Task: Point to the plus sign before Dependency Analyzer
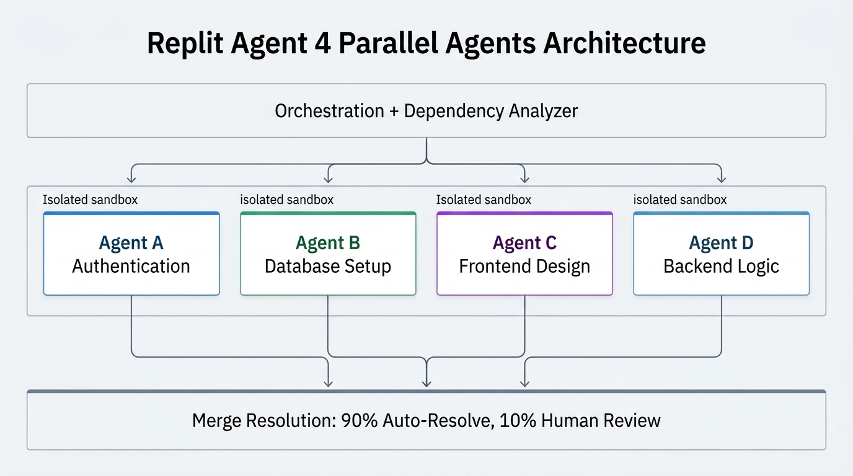click(394, 111)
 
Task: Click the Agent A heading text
click(131, 243)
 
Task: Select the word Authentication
click(131, 267)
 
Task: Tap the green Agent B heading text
click(328, 243)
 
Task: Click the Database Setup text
click(328, 267)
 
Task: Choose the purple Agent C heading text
click(524, 243)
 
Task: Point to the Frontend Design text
click(524, 267)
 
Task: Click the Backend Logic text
click(721, 267)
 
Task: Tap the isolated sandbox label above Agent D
click(679, 200)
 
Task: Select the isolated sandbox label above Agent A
click(90, 200)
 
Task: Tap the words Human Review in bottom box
click(601, 421)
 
